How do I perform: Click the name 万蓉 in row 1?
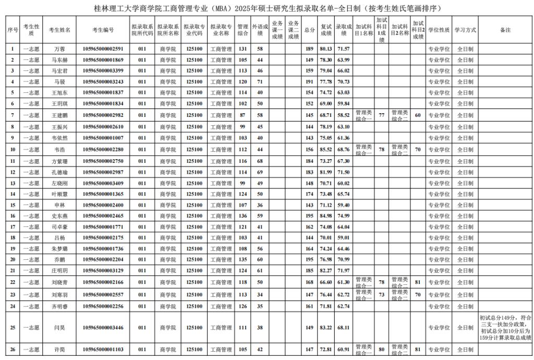click(59, 49)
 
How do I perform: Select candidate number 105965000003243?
click(103, 82)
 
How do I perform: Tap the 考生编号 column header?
click(103, 30)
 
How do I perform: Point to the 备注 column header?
click(505, 30)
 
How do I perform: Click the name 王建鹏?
click(59, 115)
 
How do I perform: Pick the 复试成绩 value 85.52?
click(326, 150)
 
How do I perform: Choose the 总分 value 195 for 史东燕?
click(310, 216)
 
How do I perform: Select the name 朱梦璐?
click(59, 249)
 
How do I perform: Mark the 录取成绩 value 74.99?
click(343, 216)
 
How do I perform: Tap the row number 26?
click(13, 349)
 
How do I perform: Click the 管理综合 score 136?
click(242, 216)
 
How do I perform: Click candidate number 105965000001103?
click(103, 349)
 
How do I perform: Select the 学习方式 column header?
click(465, 30)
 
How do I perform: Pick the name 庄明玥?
click(59, 271)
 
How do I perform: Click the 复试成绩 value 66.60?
click(326, 282)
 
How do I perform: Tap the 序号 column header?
click(13, 30)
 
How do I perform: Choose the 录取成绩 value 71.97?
click(343, 271)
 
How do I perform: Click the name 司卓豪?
click(59, 227)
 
